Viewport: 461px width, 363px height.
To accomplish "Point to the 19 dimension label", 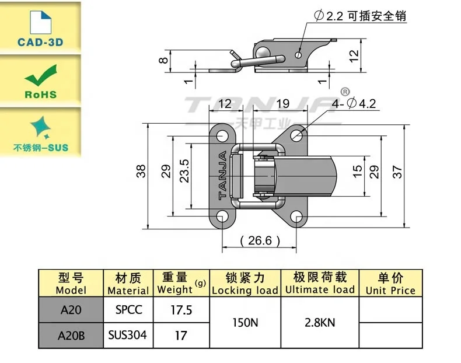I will [x=282, y=103].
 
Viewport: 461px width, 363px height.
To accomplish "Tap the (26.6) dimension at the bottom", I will [x=260, y=240].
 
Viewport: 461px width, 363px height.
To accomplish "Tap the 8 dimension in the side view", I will [x=165, y=58].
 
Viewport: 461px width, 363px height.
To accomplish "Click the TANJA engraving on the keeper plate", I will [x=222, y=175].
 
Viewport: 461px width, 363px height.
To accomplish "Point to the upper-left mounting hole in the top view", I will [x=222, y=137].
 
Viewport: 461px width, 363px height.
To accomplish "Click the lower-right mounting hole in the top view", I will [x=299, y=219].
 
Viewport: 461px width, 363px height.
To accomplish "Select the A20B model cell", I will [x=71, y=334].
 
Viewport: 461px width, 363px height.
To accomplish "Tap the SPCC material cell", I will [x=128, y=309].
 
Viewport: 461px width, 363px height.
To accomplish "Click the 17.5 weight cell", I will [x=181, y=309].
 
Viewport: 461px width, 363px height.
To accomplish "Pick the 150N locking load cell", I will [x=245, y=322].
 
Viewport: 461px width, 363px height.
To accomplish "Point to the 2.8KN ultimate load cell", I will [x=319, y=322].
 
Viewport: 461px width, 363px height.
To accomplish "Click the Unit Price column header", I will [x=390, y=284].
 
